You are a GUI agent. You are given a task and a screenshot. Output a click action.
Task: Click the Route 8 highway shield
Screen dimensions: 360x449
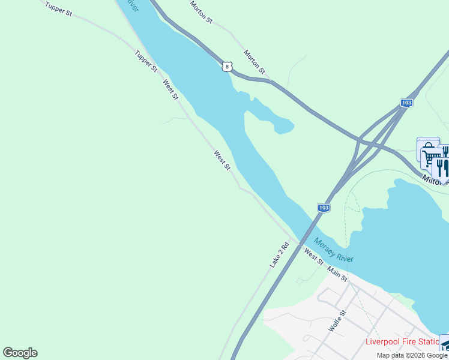click(x=226, y=66)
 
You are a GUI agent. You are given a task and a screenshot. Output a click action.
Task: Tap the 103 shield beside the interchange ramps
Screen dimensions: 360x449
click(x=407, y=103)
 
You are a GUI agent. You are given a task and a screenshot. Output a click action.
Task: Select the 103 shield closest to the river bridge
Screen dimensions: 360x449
click(x=323, y=208)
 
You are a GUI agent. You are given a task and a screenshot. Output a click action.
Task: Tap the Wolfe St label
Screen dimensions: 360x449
click(x=338, y=321)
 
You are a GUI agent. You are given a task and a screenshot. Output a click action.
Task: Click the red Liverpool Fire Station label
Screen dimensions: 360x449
click(x=402, y=342)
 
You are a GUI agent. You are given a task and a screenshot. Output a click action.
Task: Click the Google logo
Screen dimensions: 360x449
click(x=20, y=353)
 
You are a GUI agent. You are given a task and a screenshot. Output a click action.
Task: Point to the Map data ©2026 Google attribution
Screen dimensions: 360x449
click(x=412, y=355)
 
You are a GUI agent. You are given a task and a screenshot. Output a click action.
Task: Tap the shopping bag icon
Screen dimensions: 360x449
click(x=427, y=147)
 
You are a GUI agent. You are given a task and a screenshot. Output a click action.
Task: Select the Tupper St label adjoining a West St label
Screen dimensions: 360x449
click(x=146, y=61)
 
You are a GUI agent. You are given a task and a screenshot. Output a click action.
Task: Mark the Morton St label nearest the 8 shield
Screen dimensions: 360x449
click(x=255, y=62)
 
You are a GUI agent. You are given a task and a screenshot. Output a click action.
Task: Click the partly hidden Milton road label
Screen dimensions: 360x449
click(x=433, y=179)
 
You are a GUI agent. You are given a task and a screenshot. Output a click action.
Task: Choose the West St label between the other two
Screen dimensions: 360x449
click(x=222, y=160)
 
